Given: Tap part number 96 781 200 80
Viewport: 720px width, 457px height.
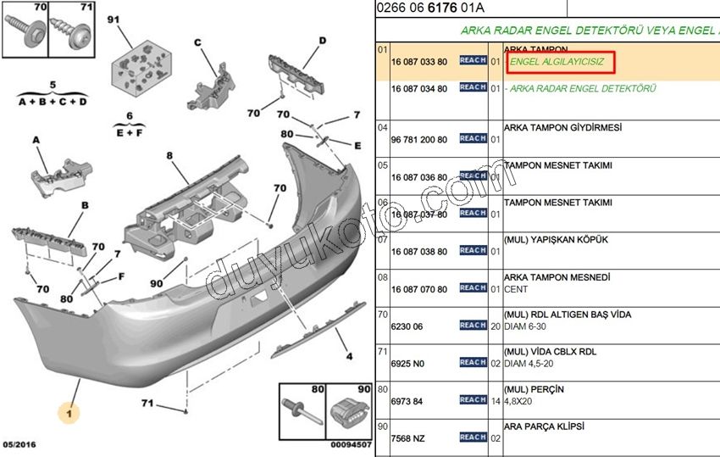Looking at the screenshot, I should pos(418,138).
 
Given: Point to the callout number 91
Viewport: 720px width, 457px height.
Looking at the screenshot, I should pos(114,18).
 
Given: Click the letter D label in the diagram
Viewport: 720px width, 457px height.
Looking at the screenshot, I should pos(322,40).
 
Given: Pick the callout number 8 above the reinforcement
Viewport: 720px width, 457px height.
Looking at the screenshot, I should pos(169,156).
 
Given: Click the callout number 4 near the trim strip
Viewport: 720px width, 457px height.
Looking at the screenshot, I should pos(347,356).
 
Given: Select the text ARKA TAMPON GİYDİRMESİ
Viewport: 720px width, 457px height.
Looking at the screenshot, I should pos(562,127).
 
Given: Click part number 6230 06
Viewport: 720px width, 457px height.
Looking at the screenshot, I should pos(407,325).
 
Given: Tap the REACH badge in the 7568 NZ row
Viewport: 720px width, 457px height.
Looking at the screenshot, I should pos(473,437).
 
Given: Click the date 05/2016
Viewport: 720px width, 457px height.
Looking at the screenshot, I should pos(19,444).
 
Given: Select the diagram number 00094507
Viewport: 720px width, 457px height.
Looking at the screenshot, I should pos(349,444).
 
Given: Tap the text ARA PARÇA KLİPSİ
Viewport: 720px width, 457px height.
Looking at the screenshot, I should pos(544,426).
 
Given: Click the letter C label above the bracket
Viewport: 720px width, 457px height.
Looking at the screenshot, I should pos(197,42).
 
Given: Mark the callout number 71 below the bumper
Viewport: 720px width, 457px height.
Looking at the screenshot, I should pos(147,403).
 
